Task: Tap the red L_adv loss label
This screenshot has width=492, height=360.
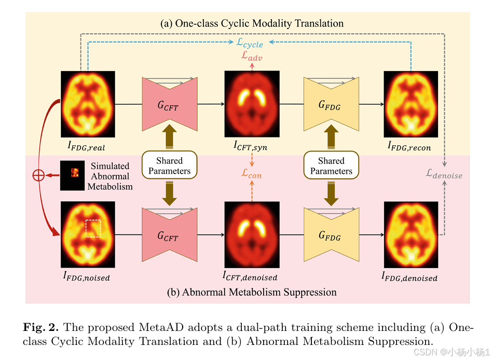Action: click(x=252, y=57)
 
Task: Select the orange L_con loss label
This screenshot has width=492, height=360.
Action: click(x=252, y=175)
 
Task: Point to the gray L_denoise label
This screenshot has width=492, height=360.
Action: click(x=444, y=175)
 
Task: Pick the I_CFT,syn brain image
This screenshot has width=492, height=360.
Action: click(x=252, y=104)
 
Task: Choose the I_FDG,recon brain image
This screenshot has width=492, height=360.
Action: click(x=411, y=104)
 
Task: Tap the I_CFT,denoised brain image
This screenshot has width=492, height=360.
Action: click(x=252, y=234)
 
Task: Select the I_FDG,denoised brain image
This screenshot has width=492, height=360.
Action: click(x=411, y=234)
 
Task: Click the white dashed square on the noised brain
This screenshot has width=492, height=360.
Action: click(x=93, y=228)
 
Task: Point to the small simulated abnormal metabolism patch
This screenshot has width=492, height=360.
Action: click(x=71, y=176)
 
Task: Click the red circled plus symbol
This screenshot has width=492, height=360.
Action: click(x=38, y=175)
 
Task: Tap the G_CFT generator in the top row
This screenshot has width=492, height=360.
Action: click(x=169, y=104)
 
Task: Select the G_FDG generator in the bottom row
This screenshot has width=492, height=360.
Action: click(x=331, y=234)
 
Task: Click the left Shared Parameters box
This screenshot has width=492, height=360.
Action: click(x=169, y=166)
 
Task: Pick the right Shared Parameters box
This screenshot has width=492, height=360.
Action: click(x=331, y=166)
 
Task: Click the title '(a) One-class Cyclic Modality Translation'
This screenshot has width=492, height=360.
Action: click(x=252, y=23)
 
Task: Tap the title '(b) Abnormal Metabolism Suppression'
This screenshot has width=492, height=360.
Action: click(x=252, y=292)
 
